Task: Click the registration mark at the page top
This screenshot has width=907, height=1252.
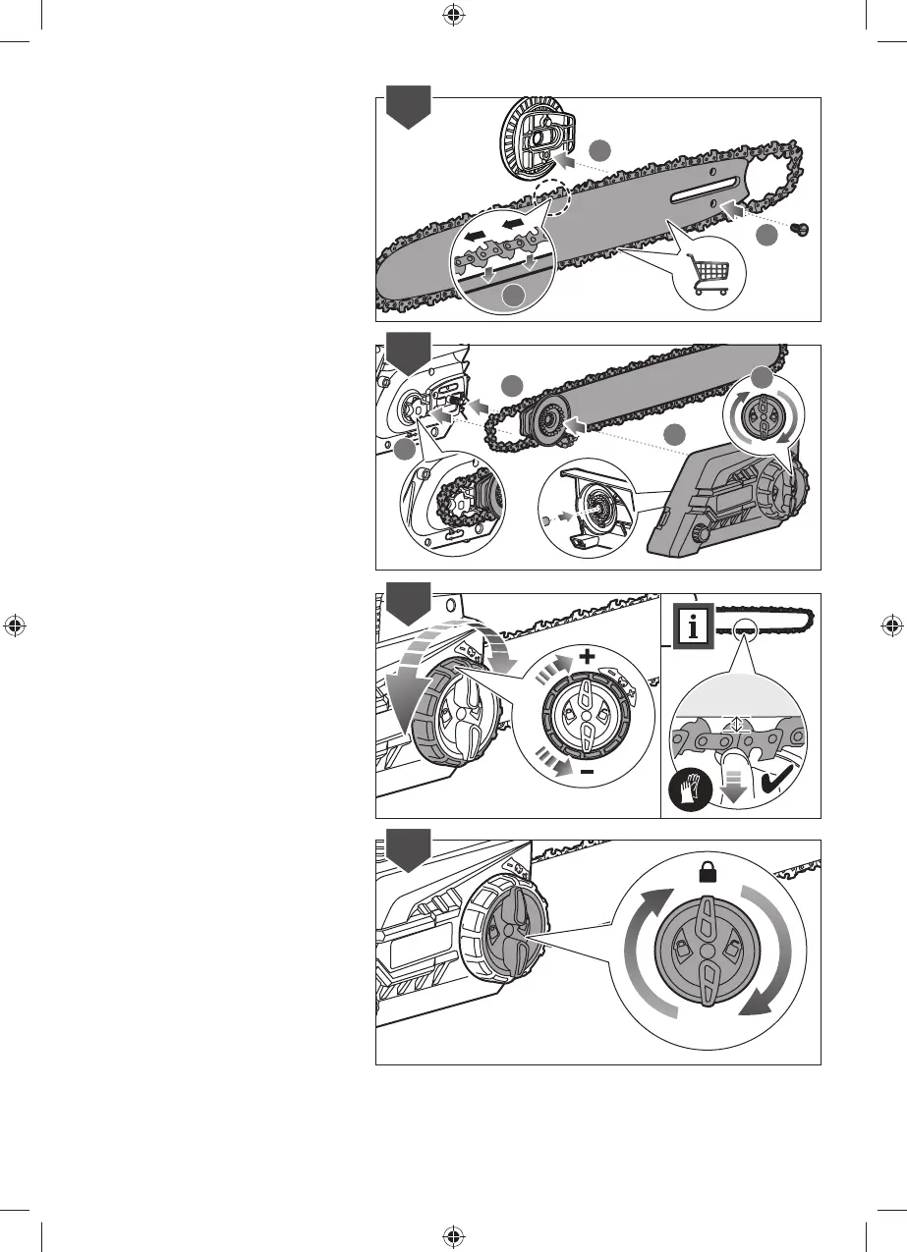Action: [453, 14]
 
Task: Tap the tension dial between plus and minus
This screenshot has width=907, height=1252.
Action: [587, 715]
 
